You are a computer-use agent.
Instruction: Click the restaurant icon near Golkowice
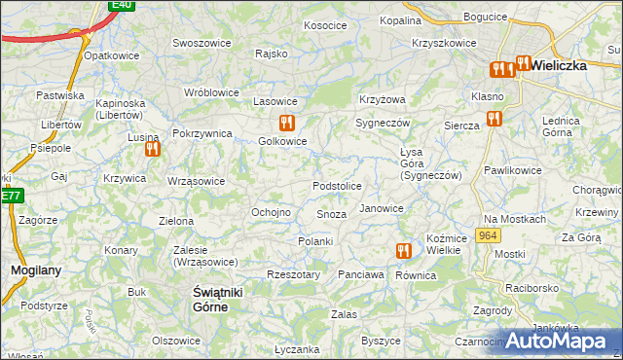tap(285, 123)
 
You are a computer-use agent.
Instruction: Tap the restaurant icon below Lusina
tap(151, 150)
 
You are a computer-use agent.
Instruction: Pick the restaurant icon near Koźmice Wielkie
tap(403, 250)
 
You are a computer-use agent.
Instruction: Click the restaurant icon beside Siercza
tap(494, 119)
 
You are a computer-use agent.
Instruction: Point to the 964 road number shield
tap(489, 237)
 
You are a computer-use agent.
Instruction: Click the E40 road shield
tap(121, 5)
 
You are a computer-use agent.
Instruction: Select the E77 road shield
tap(10, 196)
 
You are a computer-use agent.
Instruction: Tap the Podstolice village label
tap(337, 186)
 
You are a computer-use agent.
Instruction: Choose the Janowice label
tap(381, 208)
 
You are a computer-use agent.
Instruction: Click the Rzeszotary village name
tap(292, 274)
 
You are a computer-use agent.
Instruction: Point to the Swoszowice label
tap(201, 43)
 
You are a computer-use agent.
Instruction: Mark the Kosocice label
tap(325, 25)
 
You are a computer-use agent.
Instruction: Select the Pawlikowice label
tap(513, 170)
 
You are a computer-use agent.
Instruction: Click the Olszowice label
tap(176, 341)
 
